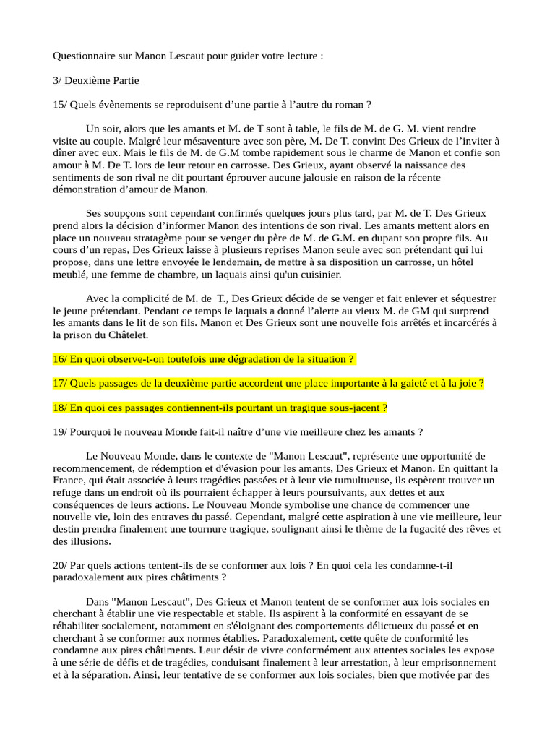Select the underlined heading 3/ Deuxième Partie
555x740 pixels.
96,80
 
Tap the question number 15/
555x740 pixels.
60,105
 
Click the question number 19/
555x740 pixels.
60,432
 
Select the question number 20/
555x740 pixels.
60,564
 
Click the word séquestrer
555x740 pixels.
464,298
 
